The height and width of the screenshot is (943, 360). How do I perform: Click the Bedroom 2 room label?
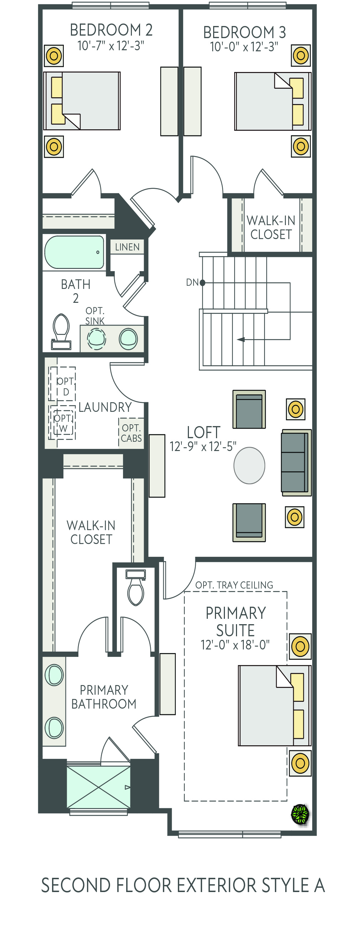coord(111,30)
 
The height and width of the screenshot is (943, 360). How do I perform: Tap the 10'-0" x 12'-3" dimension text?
coord(244,47)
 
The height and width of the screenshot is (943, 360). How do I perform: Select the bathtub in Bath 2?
coord(74,252)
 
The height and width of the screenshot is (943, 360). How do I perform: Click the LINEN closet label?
coord(127,247)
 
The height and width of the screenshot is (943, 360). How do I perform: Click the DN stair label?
coord(192,282)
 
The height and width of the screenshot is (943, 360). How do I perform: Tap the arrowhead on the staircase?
coord(241,340)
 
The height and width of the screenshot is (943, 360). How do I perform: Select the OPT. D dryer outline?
coord(62,384)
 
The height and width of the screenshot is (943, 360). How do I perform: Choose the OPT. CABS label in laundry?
coord(132,433)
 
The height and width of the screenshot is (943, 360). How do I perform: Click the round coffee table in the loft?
coord(249,465)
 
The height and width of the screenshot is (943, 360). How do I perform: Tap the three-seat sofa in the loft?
coord(296,463)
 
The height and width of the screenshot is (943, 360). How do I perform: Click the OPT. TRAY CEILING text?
coord(234,585)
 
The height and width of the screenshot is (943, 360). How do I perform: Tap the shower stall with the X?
coord(98,787)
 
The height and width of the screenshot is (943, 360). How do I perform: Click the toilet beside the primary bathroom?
coord(135,587)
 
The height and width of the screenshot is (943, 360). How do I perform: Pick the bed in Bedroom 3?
coord(273,102)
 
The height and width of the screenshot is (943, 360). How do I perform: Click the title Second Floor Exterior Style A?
coord(183,886)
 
